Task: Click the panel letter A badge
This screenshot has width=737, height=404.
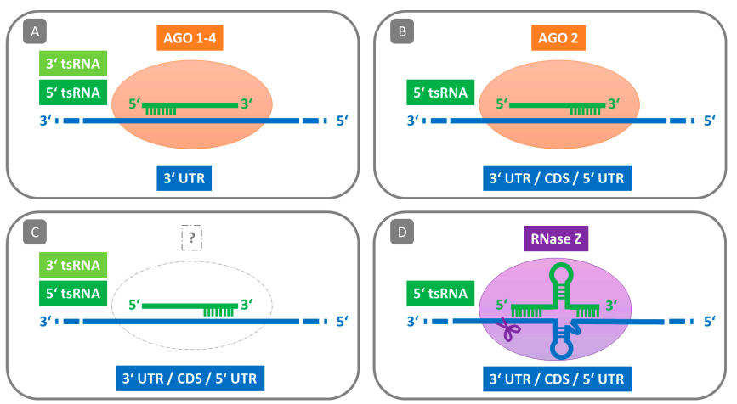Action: point(34,32)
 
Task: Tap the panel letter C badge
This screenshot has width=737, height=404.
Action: point(34,230)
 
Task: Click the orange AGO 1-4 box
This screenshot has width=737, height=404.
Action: point(188,38)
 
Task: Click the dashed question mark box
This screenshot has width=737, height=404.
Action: point(193,238)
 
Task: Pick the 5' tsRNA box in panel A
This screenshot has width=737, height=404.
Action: point(70,92)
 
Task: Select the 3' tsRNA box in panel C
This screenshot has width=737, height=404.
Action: point(70,264)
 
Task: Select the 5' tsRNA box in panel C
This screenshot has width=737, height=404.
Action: point(70,294)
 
